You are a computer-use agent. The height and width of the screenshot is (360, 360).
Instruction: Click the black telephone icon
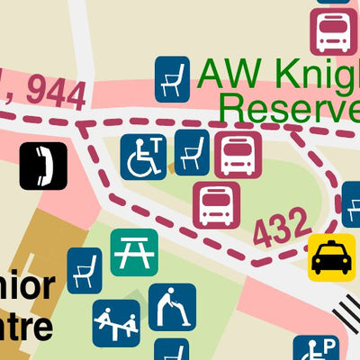click(43, 165)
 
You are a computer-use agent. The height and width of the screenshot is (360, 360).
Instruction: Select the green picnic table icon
click(134, 252)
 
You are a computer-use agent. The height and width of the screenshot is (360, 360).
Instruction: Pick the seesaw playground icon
click(116, 322)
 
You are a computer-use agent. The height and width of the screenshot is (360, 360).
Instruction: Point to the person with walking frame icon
click(172, 306)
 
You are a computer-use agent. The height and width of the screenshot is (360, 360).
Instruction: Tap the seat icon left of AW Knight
click(173, 79)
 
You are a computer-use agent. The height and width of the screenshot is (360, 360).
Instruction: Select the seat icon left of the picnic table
click(85, 270)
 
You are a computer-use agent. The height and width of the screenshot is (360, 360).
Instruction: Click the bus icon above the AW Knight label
click(335, 31)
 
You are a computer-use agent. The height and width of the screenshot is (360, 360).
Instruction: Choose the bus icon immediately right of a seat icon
click(238, 155)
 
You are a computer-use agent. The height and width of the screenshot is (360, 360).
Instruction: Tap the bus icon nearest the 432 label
click(216, 205)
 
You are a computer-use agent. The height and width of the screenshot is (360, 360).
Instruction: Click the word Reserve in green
click(289, 109)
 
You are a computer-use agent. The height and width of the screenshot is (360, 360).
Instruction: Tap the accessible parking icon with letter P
click(316, 349)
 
